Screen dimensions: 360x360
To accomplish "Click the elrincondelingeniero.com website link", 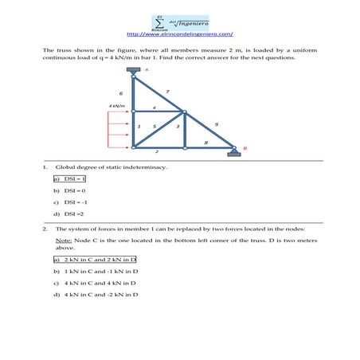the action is [179, 34].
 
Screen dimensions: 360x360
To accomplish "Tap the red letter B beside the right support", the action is [245, 147].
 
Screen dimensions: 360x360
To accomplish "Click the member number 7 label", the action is [166, 92].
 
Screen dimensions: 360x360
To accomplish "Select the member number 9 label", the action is [217, 124].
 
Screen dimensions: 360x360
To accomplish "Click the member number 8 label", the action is [205, 142].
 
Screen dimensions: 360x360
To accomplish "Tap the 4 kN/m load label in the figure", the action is [116, 105].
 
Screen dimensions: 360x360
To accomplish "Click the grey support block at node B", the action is [233, 155].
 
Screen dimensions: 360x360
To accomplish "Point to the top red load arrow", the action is [119, 113].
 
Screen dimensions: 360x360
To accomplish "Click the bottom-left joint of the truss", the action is [134, 147].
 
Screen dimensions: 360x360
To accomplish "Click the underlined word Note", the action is [64, 239].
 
